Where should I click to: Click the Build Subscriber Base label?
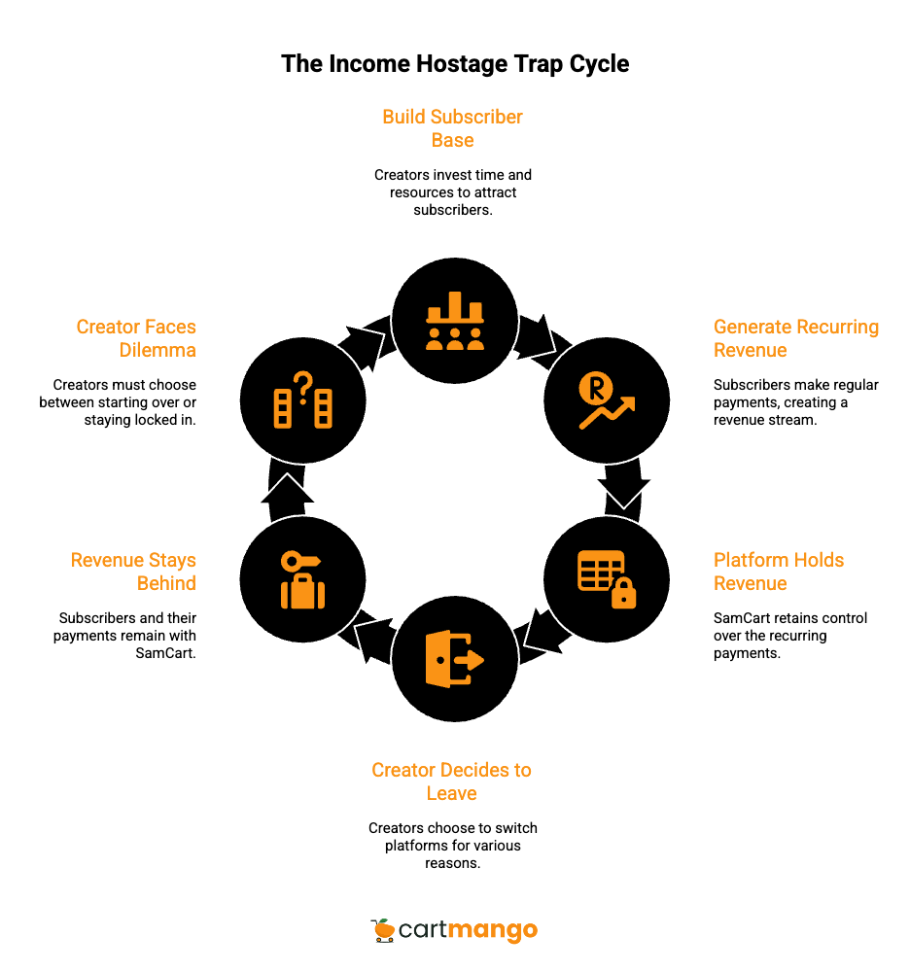[452, 128]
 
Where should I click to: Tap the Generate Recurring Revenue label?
[795, 338]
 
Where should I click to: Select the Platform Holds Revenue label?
[778, 572]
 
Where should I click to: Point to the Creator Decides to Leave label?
[451, 781]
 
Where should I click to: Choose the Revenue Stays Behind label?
[134, 572]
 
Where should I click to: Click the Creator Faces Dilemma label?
[137, 338]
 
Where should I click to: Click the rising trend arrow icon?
[611, 412]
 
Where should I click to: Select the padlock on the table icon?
[623, 593]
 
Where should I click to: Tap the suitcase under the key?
[302, 591]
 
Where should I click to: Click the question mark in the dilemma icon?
[303, 386]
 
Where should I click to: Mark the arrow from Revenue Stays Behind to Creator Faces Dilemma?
[286, 489]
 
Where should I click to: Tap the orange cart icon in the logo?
[383, 930]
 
